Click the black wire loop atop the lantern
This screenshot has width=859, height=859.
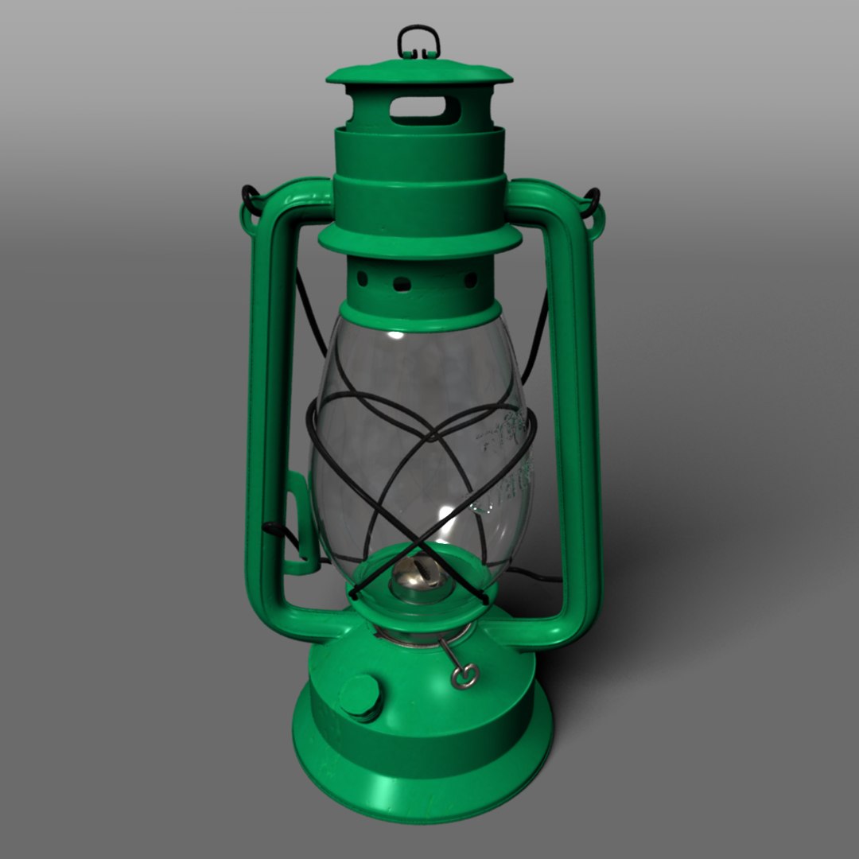(x=418, y=40)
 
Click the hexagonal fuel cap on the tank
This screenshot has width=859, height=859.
(x=362, y=697)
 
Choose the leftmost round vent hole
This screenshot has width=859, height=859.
(x=363, y=279)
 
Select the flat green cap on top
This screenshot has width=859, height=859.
(x=419, y=73)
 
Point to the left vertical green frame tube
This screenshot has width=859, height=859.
(x=265, y=398)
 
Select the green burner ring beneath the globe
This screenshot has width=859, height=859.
(x=418, y=604)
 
